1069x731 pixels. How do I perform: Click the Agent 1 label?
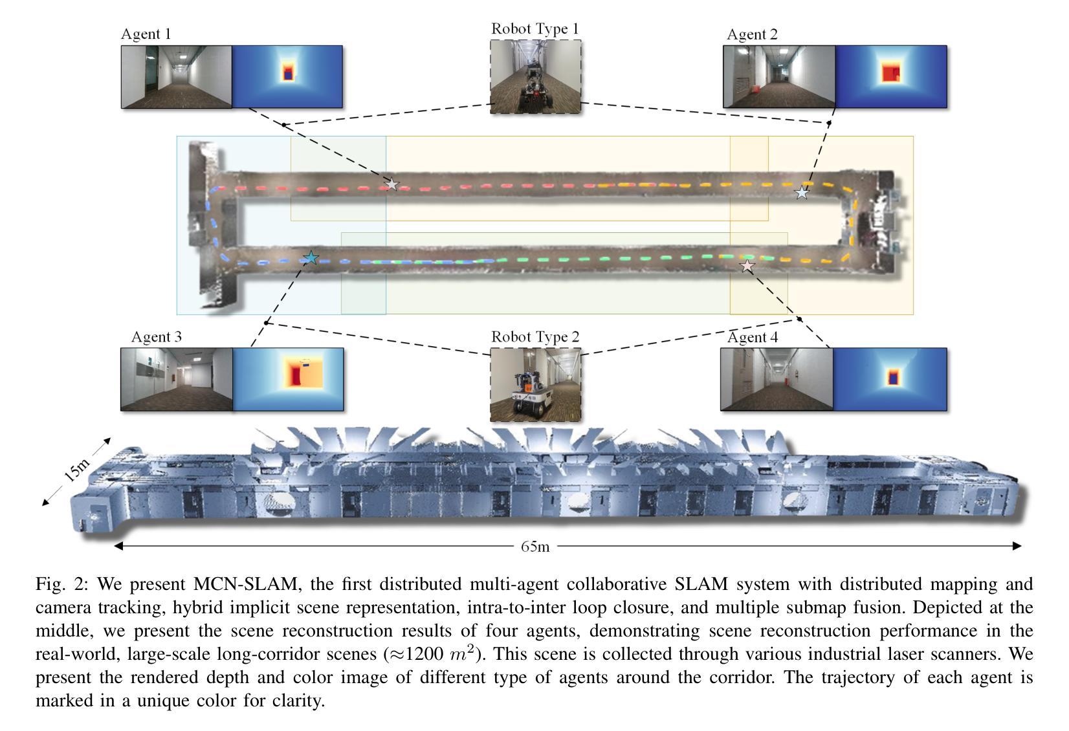(x=146, y=34)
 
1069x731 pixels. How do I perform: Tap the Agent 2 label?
(x=752, y=34)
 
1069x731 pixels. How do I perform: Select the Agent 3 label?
(x=157, y=337)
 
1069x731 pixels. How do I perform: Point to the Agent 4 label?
(x=753, y=337)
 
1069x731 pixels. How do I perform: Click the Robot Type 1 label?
(x=535, y=28)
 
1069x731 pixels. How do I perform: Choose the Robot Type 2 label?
(x=535, y=337)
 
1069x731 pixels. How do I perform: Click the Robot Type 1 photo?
(x=535, y=76)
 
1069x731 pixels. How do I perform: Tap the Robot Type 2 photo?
(x=535, y=385)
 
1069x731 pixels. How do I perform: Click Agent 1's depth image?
(x=287, y=77)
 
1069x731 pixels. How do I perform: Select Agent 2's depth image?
(x=891, y=77)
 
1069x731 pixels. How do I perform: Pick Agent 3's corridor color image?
(x=177, y=379)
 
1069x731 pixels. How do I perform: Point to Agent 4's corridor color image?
(x=777, y=379)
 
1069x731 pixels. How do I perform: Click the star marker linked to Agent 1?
(x=391, y=184)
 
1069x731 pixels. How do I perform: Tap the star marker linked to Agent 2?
(x=802, y=192)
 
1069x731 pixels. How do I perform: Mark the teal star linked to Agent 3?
(x=311, y=258)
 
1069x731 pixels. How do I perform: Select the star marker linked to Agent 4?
(x=747, y=267)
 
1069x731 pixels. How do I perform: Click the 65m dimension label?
(x=535, y=547)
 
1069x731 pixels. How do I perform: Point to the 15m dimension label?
(x=77, y=470)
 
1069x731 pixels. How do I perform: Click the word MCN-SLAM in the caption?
(x=247, y=584)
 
